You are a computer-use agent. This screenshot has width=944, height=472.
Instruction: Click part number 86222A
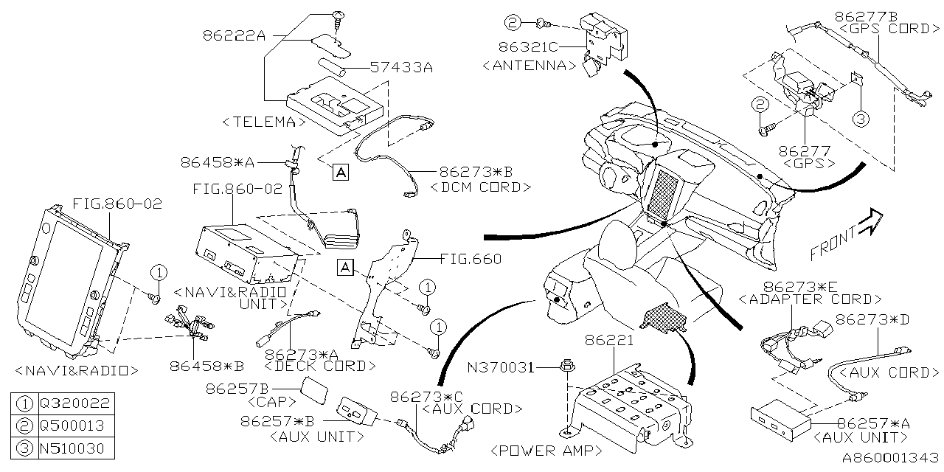click(x=232, y=35)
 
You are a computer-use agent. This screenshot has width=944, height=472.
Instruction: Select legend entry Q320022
click(x=76, y=403)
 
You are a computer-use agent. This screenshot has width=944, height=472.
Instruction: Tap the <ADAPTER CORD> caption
click(x=810, y=299)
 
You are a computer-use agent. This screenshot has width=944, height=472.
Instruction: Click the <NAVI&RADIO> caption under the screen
click(x=77, y=369)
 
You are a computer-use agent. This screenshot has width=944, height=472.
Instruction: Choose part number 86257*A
click(x=873, y=424)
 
